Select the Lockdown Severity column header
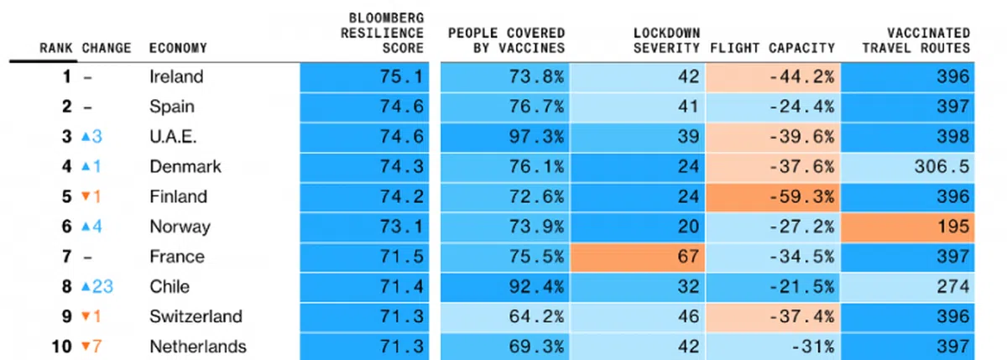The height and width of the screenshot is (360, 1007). (666, 40)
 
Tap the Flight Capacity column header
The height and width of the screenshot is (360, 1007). (772, 48)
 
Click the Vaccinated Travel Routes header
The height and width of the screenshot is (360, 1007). (918, 40)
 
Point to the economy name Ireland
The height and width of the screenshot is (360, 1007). (176, 76)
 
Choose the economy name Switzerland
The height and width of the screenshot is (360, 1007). (196, 316)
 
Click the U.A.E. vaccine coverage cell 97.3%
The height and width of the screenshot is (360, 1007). (536, 137)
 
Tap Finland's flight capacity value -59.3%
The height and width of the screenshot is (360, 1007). (801, 196)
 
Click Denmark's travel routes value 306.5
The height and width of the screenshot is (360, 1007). (940, 166)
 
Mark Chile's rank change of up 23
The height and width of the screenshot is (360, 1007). (97, 287)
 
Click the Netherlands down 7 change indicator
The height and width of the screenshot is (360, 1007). (91, 347)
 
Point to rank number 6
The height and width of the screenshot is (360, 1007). (66, 227)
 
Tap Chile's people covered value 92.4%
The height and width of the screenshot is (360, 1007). (536, 287)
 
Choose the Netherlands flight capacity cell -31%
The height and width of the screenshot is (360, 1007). (810, 347)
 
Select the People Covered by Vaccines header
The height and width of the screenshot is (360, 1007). (506, 40)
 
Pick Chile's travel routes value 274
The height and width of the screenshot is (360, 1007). (953, 287)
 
